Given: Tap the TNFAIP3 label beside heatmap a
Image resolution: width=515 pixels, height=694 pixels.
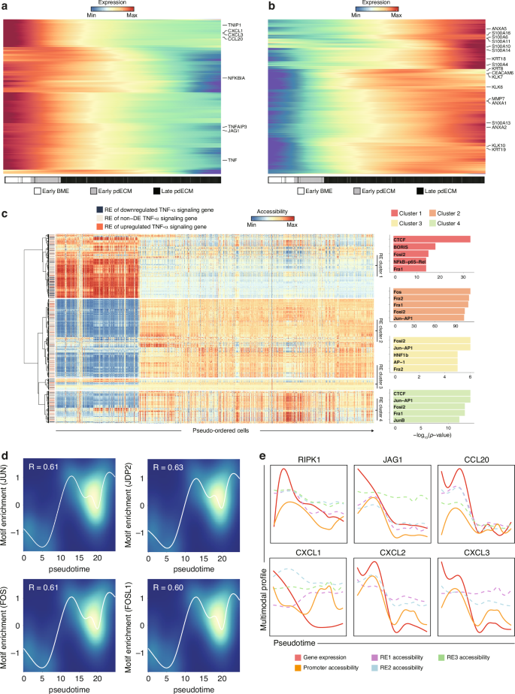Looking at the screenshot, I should click(x=239, y=127).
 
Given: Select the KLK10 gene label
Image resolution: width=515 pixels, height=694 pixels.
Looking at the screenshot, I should click(x=498, y=145).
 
